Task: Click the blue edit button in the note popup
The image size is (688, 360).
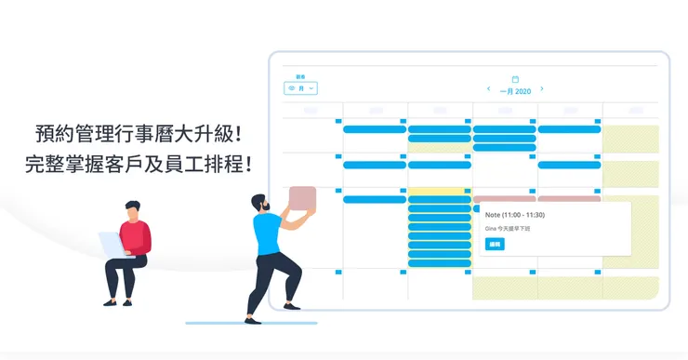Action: [495, 244]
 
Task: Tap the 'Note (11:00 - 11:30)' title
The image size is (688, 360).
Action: [515, 214]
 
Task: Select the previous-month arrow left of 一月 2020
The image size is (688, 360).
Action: [489, 89]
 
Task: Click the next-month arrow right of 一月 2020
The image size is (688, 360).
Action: [542, 89]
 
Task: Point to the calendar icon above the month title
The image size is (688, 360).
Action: [515, 79]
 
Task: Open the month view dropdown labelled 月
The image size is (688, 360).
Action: [301, 88]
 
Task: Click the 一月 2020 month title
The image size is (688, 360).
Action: [515, 91]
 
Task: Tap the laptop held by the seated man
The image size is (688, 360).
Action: [111, 244]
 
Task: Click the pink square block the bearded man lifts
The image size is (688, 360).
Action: [303, 199]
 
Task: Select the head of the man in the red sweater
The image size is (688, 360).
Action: [134, 209]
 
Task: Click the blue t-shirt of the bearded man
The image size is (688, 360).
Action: [268, 233]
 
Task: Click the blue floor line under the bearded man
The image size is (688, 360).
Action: [251, 324]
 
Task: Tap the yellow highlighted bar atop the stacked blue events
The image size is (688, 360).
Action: [439, 190]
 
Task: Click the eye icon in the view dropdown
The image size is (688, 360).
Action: [292, 88]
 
